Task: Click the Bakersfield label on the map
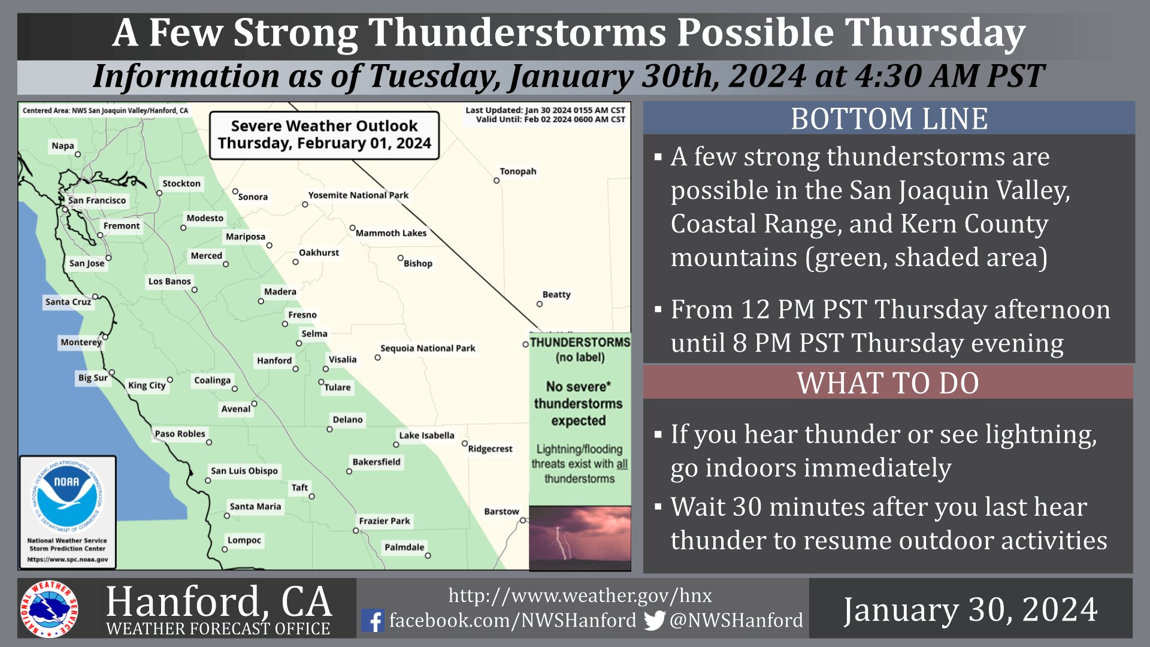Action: (x=376, y=462)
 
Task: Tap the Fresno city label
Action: (x=302, y=315)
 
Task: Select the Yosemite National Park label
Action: (x=358, y=195)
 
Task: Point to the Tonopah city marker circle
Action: (x=496, y=180)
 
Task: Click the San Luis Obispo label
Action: (x=244, y=471)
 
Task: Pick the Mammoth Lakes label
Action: (x=391, y=233)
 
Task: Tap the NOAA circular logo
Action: (x=67, y=495)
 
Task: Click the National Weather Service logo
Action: (x=49, y=609)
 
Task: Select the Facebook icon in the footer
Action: (x=373, y=621)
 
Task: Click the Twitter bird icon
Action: (x=655, y=621)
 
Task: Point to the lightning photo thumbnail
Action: (x=580, y=537)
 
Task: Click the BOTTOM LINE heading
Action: (x=889, y=119)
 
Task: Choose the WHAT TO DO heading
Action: (x=888, y=383)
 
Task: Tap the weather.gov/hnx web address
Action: (x=580, y=595)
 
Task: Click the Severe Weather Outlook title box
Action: (x=324, y=135)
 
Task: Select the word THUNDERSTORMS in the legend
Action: (x=580, y=342)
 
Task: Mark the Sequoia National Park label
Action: (x=428, y=348)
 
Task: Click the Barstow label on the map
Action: (x=501, y=512)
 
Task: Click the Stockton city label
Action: (x=181, y=183)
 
